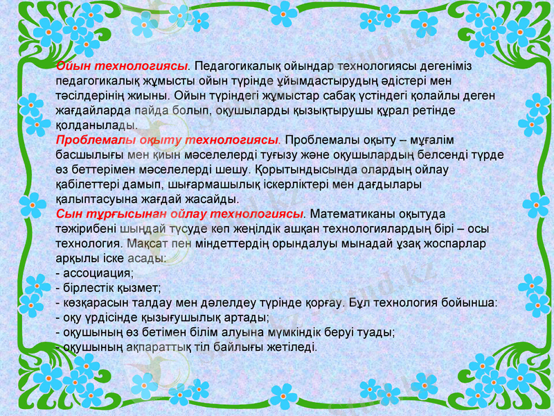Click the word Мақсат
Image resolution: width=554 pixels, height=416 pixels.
pos(149,243)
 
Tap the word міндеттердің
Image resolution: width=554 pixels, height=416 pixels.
pos(235,243)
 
